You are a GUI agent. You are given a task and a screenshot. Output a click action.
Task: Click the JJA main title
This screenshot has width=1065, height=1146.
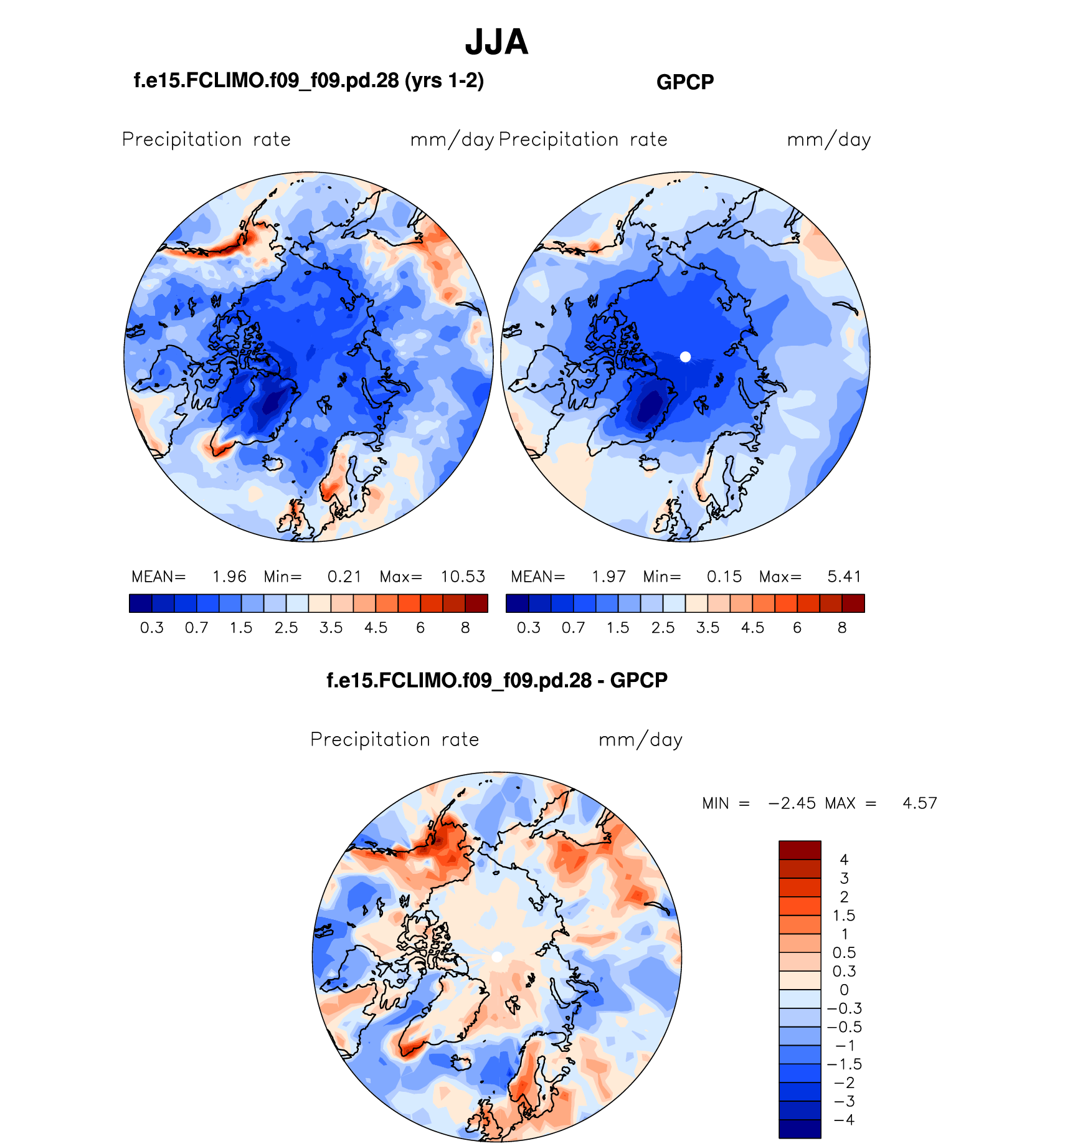pos(496,42)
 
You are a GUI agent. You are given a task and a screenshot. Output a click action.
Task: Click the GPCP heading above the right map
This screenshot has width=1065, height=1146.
pos(685,82)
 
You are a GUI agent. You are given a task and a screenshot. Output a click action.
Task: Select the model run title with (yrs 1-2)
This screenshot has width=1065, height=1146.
pos(309,80)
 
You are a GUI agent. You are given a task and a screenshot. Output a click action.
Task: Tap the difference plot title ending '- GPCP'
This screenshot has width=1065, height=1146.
pos(497,680)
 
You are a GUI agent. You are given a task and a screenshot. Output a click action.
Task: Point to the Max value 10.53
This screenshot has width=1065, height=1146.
pos(463,577)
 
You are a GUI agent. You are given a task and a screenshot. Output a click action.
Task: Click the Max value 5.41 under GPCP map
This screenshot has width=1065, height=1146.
pos(844,577)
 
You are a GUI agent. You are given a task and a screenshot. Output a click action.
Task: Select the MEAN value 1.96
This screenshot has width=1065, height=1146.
pos(229,577)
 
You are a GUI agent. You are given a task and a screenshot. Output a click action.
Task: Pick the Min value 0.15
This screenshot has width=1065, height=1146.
pos(724,577)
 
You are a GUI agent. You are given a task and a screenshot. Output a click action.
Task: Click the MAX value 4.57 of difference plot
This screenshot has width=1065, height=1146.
pos(919,803)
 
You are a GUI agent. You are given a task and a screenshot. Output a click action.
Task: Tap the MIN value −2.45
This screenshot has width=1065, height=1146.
pos(792,803)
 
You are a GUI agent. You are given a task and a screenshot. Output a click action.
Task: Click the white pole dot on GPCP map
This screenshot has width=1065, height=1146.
pos(685,357)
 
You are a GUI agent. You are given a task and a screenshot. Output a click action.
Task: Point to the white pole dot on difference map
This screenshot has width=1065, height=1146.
pos(497,957)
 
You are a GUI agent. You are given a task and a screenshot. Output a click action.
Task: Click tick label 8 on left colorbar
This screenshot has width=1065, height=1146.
pos(465,628)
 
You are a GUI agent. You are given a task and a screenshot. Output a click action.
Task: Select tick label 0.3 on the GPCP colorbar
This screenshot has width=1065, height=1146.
pos(529,628)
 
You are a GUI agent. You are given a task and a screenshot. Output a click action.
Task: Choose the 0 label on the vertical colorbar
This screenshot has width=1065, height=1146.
pos(844,990)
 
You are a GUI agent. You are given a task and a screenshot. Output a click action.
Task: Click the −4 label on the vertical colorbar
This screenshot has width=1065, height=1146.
pos(844,1120)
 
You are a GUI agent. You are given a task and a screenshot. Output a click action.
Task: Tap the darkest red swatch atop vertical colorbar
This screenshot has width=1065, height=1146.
pos(800,850)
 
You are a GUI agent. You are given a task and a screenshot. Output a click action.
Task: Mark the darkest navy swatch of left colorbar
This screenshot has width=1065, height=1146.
pos(141,604)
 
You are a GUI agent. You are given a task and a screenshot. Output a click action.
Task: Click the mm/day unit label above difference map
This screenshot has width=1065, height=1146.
pos(640,740)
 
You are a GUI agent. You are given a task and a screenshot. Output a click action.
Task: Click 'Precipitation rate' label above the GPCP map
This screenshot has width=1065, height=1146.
pos(583,140)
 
